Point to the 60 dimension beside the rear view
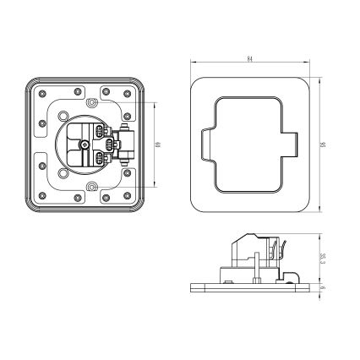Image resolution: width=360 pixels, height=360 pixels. (x=159, y=145)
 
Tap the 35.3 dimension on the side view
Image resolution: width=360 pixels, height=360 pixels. (x=324, y=259)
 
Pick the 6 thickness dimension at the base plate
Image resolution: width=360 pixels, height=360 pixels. (x=324, y=287)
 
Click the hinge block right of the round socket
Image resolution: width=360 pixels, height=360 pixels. (x=126, y=145)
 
